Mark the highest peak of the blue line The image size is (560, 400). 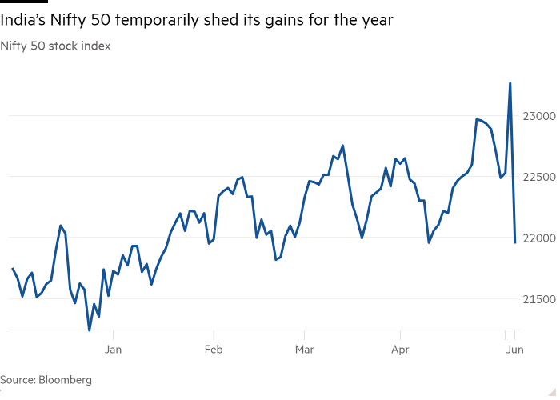coord(510,82)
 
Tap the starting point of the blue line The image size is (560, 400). coord(13,269)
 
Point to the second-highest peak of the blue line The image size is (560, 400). coord(477,118)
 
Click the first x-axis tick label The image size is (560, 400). coord(114,349)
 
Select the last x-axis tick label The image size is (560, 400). coord(516,349)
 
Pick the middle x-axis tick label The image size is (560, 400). coord(305,349)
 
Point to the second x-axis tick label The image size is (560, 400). coord(213,349)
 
